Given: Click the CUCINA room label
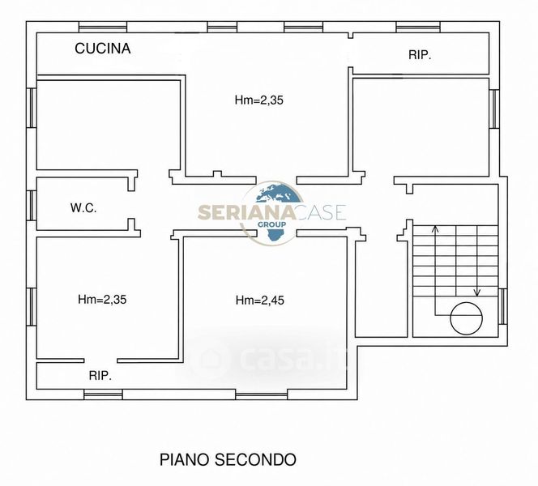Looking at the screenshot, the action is tap(103, 49).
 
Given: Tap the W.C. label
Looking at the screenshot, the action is tap(83, 208).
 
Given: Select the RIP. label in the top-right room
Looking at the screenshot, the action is tap(420, 55).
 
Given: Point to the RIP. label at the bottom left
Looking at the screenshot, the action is tap(100, 376).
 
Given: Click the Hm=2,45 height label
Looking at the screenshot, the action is tap(260, 301).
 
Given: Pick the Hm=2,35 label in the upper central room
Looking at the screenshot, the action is tap(259, 100).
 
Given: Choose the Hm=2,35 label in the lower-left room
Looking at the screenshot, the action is tap(102, 300).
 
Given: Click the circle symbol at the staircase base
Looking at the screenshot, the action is tap(466, 318).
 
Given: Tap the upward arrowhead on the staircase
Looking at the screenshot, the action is tap(435, 228).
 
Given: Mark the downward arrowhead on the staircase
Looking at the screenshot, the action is tap(477, 292).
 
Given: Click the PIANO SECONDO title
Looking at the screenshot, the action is tap(228, 459).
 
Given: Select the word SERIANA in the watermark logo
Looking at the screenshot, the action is tap(246, 212).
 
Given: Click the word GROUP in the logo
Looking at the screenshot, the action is tap(271, 224).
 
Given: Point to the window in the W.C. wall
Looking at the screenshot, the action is tap(32, 206).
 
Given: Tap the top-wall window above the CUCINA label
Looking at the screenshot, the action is tap(103, 27).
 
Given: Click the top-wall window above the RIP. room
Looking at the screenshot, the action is tap(418, 27).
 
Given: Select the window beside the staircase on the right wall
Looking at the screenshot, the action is tap(502, 306).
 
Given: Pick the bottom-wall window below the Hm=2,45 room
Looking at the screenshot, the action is tap(262, 394).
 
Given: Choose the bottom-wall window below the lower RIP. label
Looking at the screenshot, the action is tap(103, 394).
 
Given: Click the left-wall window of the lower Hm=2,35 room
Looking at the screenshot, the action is tap(32, 307).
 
